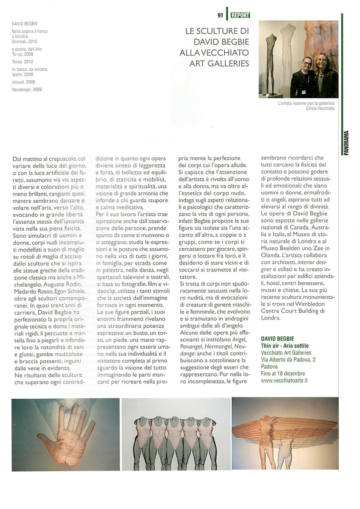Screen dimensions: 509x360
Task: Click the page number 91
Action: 220,15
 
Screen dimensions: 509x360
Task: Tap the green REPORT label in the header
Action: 240,15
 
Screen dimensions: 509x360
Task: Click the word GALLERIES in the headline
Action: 226,64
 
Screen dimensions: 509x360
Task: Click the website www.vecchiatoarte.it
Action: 284,380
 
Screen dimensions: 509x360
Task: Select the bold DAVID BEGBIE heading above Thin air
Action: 278,338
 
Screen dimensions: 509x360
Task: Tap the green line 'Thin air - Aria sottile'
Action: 285,346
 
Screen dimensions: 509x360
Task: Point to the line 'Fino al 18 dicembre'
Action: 283,374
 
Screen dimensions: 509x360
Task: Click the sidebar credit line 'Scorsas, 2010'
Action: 25,42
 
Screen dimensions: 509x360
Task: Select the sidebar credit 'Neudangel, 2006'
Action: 27,89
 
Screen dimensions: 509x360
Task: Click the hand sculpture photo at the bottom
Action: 65,433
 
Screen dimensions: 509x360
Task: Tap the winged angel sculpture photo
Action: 285,433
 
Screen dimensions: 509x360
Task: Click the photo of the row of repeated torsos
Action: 176,434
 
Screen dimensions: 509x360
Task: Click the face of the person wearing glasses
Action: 307,63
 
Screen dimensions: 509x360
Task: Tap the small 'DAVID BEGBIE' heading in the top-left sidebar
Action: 25,24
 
